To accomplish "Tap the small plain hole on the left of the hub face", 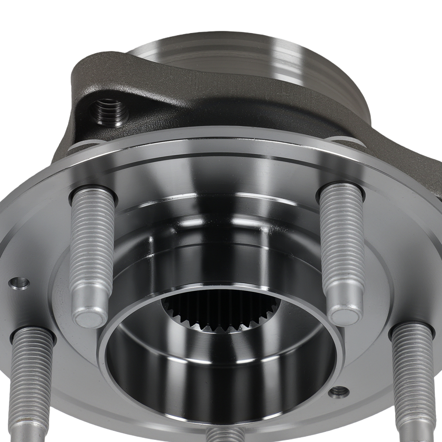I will tap(20, 283).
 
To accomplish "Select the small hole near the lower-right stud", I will tap(339, 391).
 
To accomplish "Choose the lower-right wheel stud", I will tap(413, 380).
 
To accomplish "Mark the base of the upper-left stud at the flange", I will tap(92, 194).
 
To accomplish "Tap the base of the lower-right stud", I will tap(411, 329).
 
